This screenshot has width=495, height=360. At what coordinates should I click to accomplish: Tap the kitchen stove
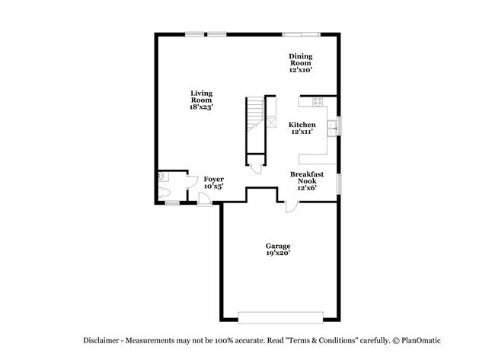coord(317,101)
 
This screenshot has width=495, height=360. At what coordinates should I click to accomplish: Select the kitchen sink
coord(331,126)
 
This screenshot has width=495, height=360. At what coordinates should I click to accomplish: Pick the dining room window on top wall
coord(301,33)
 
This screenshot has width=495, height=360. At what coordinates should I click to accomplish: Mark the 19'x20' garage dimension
coord(277,253)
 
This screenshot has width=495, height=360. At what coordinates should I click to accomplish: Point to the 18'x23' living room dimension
coord(201,107)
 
